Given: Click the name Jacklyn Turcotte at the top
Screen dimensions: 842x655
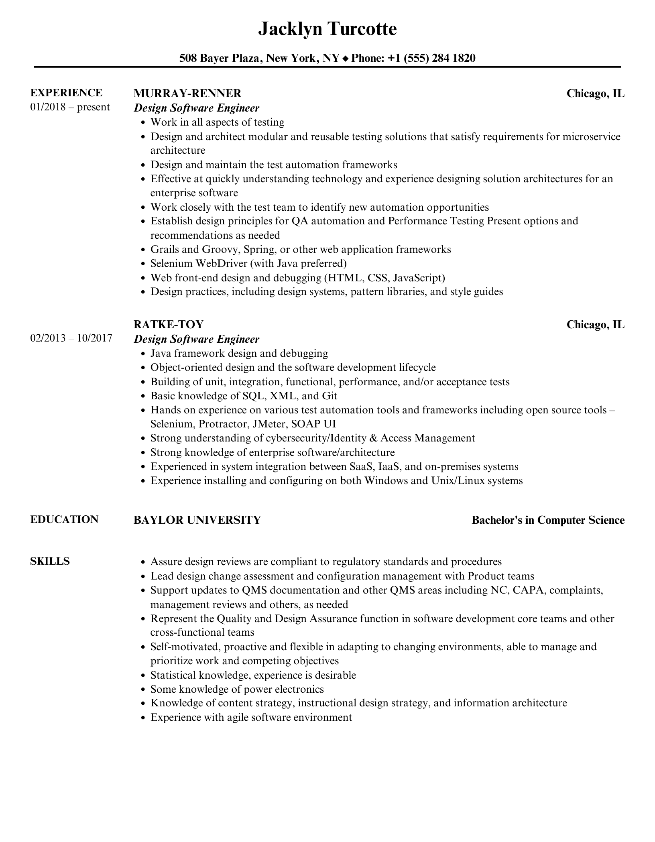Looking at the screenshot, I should pyautogui.click(x=327, y=29).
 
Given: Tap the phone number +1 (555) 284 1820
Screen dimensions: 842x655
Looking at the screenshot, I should pyautogui.click(x=431, y=58).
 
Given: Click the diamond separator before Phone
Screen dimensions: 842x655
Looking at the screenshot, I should pyautogui.click(x=346, y=59).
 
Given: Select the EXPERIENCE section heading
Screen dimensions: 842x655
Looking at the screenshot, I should pyautogui.click(x=66, y=93).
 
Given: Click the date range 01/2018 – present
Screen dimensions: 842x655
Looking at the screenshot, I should pyautogui.click(x=70, y=107).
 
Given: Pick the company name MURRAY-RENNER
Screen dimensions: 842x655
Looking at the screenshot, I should pyautogui.click(x=187, y=94).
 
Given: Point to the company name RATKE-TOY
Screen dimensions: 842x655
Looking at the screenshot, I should pyautogui.click(x=169, y=324).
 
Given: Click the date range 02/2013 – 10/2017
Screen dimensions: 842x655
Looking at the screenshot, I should pyautogui.click(x=71, y=338).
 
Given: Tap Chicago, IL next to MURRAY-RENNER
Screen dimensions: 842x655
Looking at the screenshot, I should pyautogui.click(x=595, y=94).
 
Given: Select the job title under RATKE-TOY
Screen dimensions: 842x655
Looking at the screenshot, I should pyautogui.click(x=196, y=339).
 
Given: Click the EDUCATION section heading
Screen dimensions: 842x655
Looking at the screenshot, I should pyautogui.click(x=64, y=519).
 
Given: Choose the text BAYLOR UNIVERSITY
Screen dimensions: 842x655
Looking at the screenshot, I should pyautogui.click(x=197, y=520).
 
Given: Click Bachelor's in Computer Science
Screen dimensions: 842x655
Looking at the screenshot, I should pyautogui.click(x=548, y=520).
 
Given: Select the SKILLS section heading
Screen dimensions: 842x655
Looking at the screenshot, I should pyautogui.click(x=50, y=561).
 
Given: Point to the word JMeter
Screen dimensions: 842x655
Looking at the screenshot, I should pyautogui.click(x=269, y=424).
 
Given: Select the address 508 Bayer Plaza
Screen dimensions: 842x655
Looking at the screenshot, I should pyautogui.click(x=220, y=58).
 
